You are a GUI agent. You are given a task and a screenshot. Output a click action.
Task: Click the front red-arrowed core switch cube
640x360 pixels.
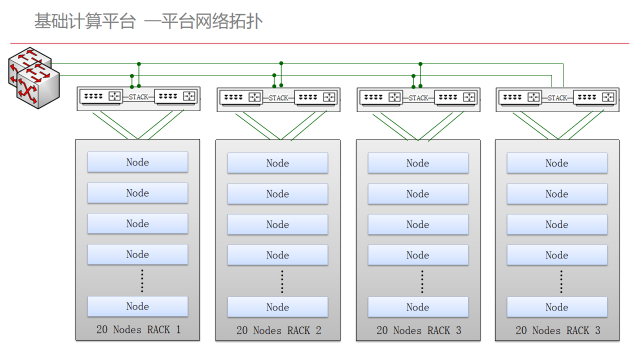pyautogui.click(x=38, y=87)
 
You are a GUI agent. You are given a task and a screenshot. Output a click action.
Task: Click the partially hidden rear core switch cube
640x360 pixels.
pyautogui.click(x=23, y=61)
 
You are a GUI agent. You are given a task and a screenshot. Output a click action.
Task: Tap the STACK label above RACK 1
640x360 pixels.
pyautogui.click(x=138, y=97)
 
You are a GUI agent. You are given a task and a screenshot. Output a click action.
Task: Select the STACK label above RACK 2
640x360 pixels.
pyautogui.click(x=278, y=98)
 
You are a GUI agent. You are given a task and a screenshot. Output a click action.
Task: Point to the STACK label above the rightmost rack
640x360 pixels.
pyautogui.click(x=557, y=98)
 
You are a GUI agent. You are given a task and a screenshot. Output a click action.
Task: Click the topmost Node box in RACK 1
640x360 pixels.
pyautogui.click(x=137, y=162)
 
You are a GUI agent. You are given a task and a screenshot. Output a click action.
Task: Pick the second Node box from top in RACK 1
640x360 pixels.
pyautogui.click(x=137, y=193)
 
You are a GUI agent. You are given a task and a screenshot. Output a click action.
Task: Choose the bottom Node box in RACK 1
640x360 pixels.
pyautogui.click(x=137, y=306)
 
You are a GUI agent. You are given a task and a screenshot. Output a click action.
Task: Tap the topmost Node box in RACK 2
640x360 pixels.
pyautogui.click(x=277, y=163)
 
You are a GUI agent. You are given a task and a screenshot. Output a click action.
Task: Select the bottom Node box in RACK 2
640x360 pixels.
pyautogui.click(x=277, y=307)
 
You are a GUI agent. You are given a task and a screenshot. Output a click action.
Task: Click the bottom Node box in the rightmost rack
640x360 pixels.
pyautogui.click(x=557, y=307)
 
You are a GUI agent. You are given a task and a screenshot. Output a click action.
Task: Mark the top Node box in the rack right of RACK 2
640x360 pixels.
pyautogui.click(x=418, y=163)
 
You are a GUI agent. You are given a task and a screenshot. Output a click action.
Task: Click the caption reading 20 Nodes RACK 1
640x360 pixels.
pyautogui.click(x=138, y=329)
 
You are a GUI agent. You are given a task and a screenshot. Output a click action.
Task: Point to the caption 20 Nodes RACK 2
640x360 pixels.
pyautogui.click(x=279, y=330)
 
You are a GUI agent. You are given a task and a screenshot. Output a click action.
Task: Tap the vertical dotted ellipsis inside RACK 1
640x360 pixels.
pyautogui.click(x=142, y=281)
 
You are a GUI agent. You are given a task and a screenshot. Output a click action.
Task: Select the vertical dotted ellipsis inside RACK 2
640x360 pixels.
pyautogui.click(x=282, y=281)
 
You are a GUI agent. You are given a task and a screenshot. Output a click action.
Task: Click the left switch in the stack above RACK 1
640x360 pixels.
pyautogui.click(x=101, y=96)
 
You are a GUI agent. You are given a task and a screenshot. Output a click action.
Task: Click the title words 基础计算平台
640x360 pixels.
pyautogui.click(x=85, y=21)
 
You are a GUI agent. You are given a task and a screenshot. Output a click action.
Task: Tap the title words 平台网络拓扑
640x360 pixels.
pyautogui.click(x=211, y=21)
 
